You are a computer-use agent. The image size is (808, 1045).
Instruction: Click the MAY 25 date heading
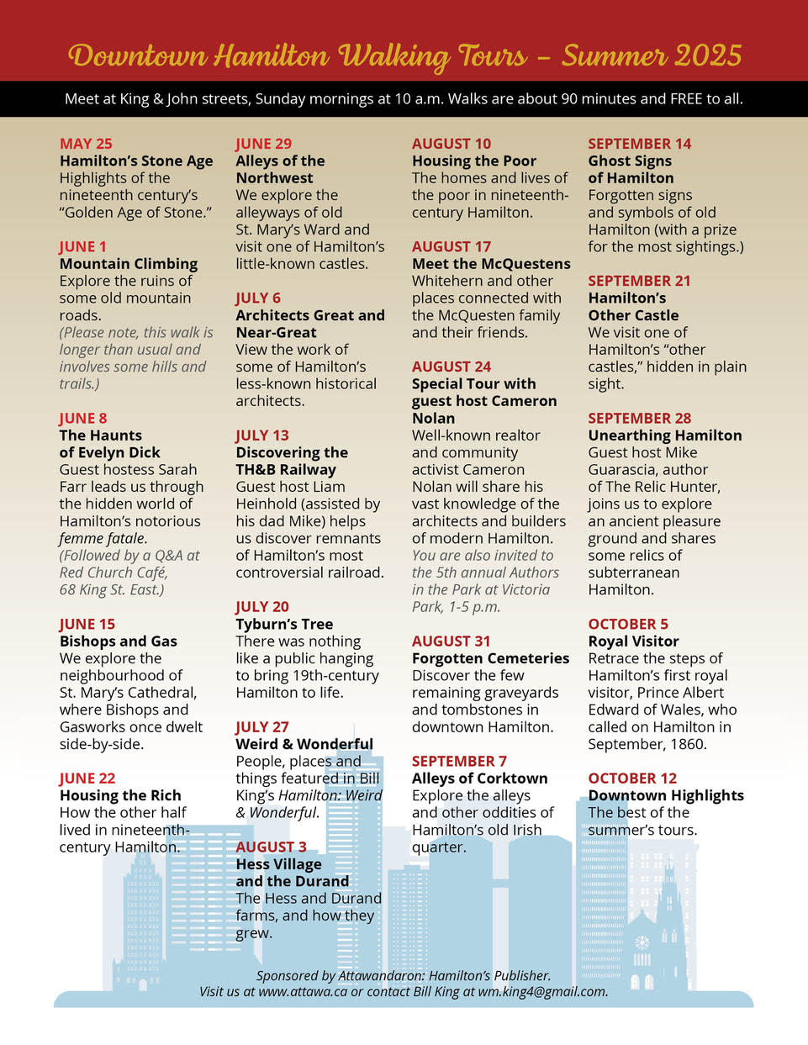[86, 144]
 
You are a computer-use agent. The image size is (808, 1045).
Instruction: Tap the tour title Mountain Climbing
[129, 263]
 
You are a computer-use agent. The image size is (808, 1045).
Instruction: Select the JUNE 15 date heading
[87, 624]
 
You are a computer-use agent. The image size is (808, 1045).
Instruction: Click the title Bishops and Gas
[119, 641]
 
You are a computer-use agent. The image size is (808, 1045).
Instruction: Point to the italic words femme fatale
[103, 538]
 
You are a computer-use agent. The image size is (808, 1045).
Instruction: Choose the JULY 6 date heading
[258, 298]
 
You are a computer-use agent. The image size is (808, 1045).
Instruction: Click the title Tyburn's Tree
[284, 624]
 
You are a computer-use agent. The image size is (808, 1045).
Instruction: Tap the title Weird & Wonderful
[304, 744]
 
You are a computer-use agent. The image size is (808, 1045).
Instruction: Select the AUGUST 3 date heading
[271, 847]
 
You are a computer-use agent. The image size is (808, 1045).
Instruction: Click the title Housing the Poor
[474, 161]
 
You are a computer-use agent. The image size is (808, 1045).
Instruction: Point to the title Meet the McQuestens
[491, 263]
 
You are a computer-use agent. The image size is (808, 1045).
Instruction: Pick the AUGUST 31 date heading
[452, 641]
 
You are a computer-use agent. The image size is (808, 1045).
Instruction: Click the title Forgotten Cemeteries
[491, 658]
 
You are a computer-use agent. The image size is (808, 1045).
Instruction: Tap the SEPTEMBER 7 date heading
[459, 761]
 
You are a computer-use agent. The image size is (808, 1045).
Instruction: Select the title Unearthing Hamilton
[665, 435]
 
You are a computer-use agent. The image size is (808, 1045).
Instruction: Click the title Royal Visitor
[634, 641]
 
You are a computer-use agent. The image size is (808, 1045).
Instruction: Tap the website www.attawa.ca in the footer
[303, 991]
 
